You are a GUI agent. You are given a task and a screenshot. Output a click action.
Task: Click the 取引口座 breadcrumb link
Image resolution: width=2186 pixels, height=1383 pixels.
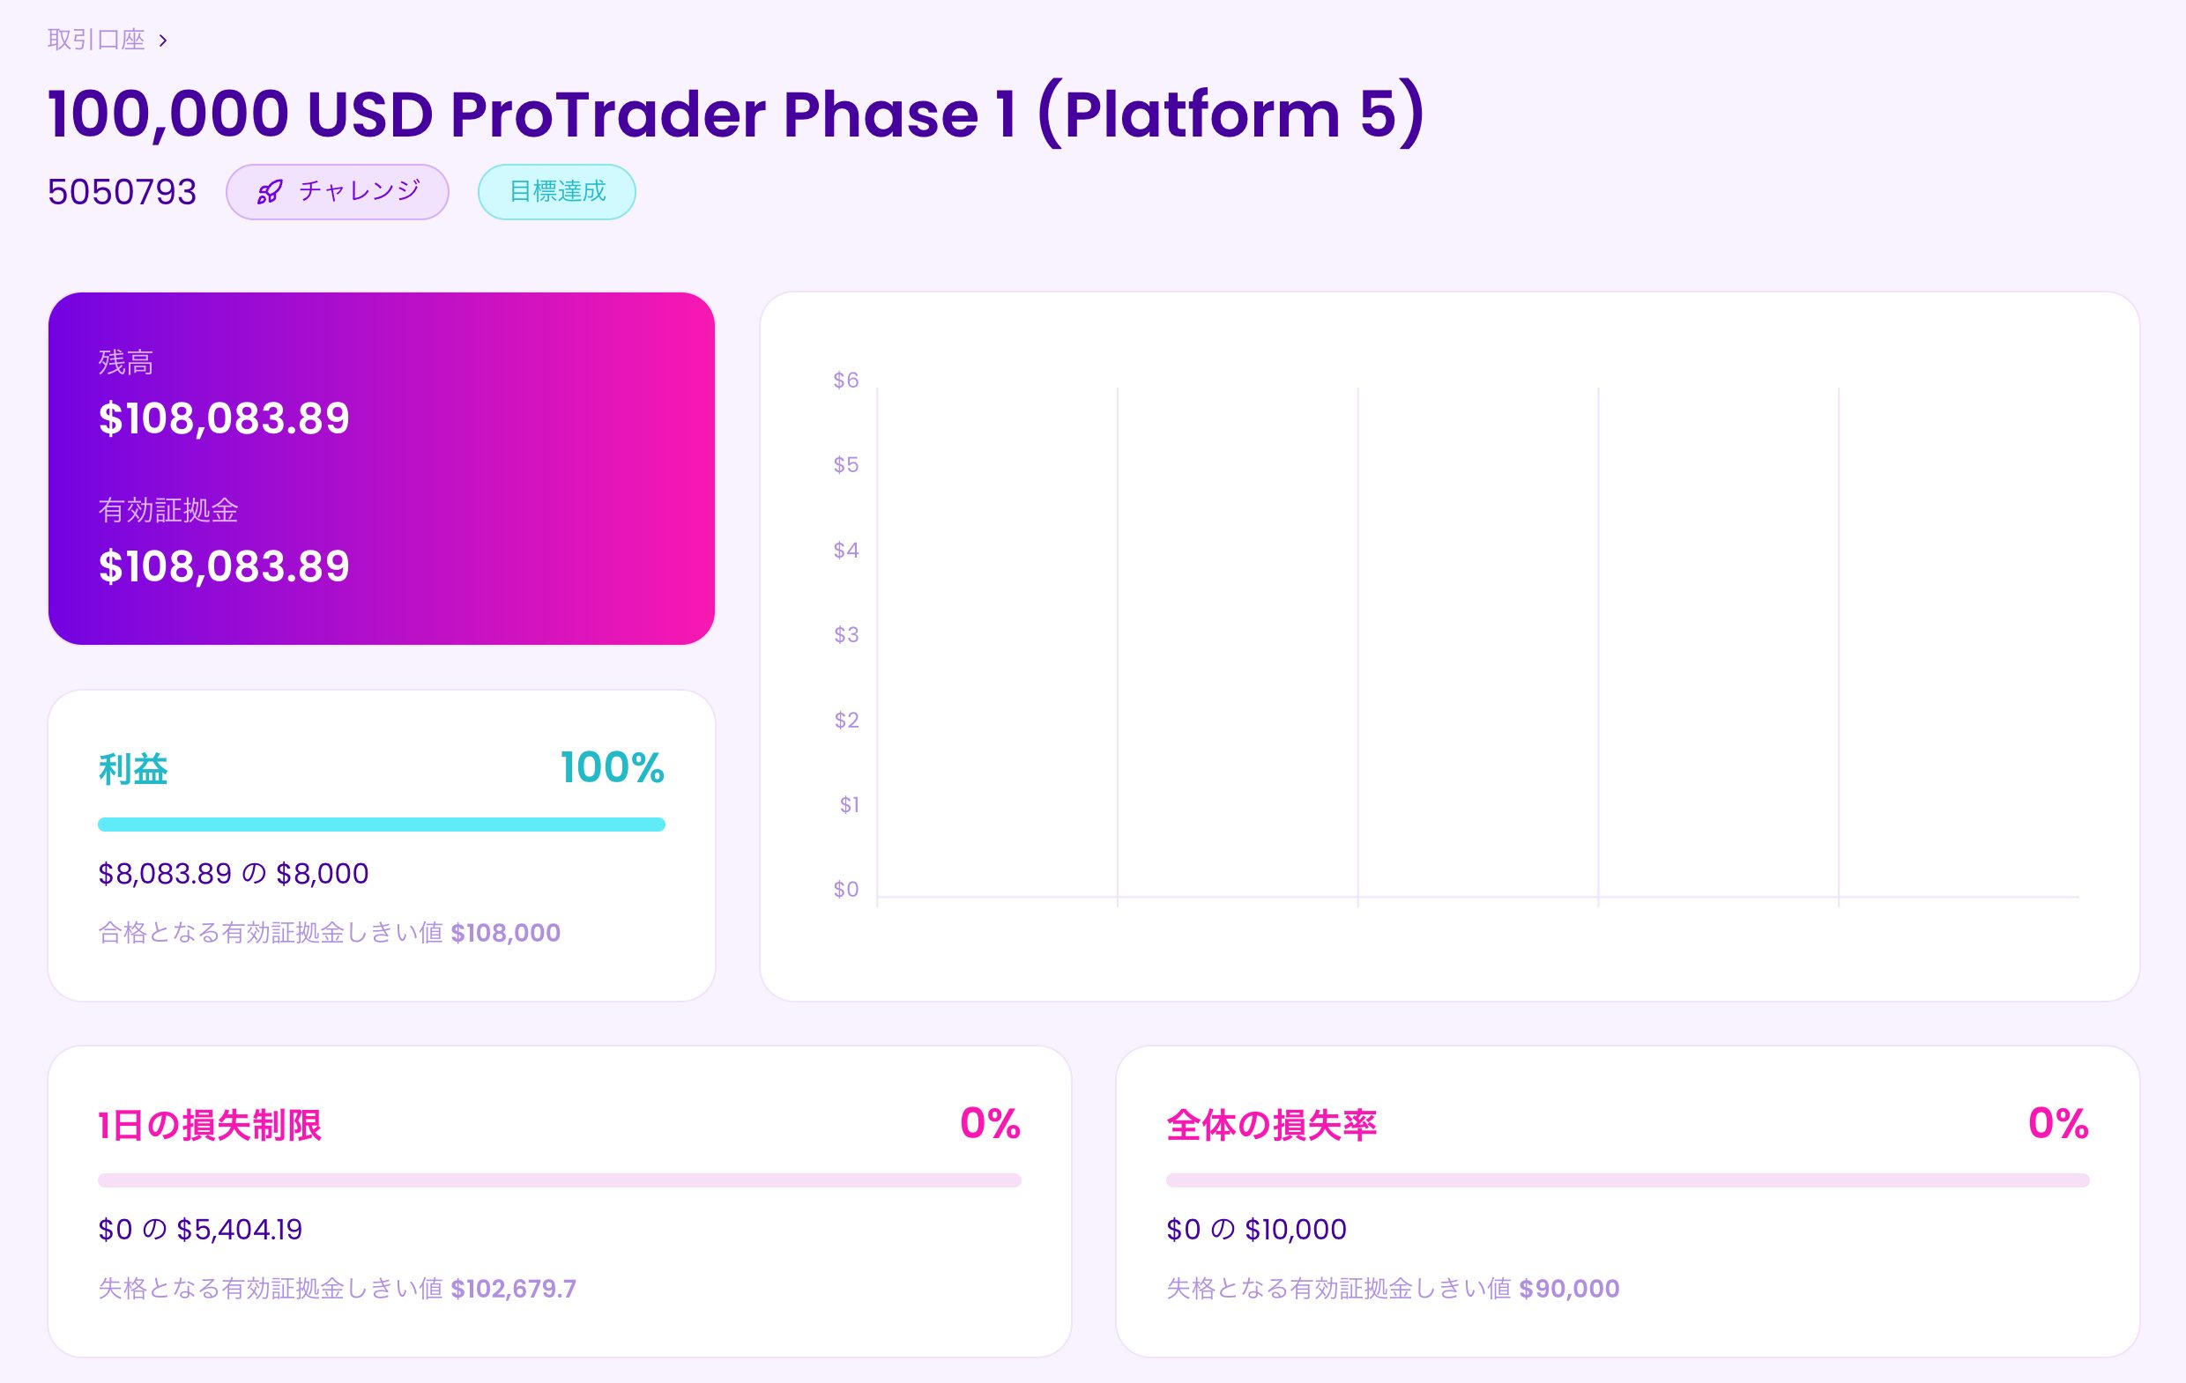tap(96, 40)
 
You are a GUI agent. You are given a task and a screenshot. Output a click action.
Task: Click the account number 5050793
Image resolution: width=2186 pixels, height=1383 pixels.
tap(122, 192)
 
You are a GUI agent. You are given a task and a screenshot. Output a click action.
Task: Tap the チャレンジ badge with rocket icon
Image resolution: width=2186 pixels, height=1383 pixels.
tap(338, 191)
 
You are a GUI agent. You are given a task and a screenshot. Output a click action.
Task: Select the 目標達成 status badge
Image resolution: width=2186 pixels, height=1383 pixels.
tap(556, 191)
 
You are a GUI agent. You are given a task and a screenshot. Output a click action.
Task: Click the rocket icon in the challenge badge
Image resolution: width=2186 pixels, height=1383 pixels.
tap(270, 192)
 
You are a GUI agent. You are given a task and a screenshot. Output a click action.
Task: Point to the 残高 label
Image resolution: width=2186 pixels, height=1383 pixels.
tap(125, 362)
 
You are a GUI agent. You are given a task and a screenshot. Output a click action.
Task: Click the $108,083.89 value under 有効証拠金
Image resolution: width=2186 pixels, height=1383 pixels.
tap(223, 566)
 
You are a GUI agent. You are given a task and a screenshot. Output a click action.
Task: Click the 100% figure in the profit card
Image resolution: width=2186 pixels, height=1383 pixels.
tap(612, 768)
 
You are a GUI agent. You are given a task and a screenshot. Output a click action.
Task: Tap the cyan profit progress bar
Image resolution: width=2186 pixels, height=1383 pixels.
tap(382, 824)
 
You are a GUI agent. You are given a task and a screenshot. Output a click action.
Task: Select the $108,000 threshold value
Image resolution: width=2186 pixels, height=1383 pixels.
tap(506, 933)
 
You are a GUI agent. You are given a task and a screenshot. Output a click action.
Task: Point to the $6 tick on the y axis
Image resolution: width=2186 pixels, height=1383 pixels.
tap(846, 381)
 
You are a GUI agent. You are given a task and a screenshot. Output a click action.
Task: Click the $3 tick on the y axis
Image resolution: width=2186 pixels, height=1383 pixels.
tap(846, 634)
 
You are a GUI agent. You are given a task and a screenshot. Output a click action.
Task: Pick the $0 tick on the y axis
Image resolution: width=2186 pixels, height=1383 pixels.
tap(846, 890)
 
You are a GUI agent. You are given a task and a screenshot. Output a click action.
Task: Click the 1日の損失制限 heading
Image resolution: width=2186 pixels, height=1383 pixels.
tap(210, 1125)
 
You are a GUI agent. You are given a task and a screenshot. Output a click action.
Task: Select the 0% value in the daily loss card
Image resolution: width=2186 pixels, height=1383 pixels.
tap(991, 1123)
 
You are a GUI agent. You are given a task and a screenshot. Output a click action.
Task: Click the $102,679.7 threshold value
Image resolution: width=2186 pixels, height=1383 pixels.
tap(514, 1289)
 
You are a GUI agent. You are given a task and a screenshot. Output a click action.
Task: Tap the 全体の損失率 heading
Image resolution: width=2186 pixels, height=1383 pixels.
tap(1271, 1125)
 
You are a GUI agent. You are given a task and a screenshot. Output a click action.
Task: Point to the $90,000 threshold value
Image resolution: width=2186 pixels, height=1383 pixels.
tap(1570, 1289)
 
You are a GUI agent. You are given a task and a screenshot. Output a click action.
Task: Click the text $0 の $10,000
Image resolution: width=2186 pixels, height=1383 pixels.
tap(1256, 1230)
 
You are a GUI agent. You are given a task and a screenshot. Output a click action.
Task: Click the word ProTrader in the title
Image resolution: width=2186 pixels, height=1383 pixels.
tap(607, 115)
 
